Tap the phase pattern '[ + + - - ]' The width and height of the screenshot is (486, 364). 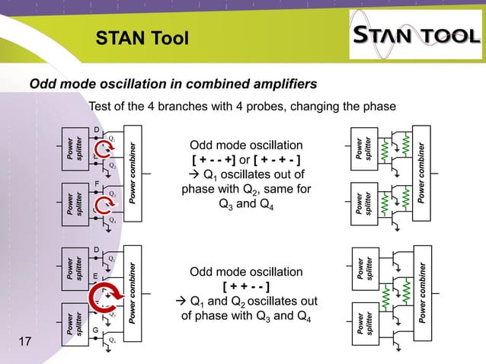pyautogui.click(x=245, y=287)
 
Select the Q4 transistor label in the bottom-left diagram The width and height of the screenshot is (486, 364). pyautogui.click(x=112, y=340)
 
